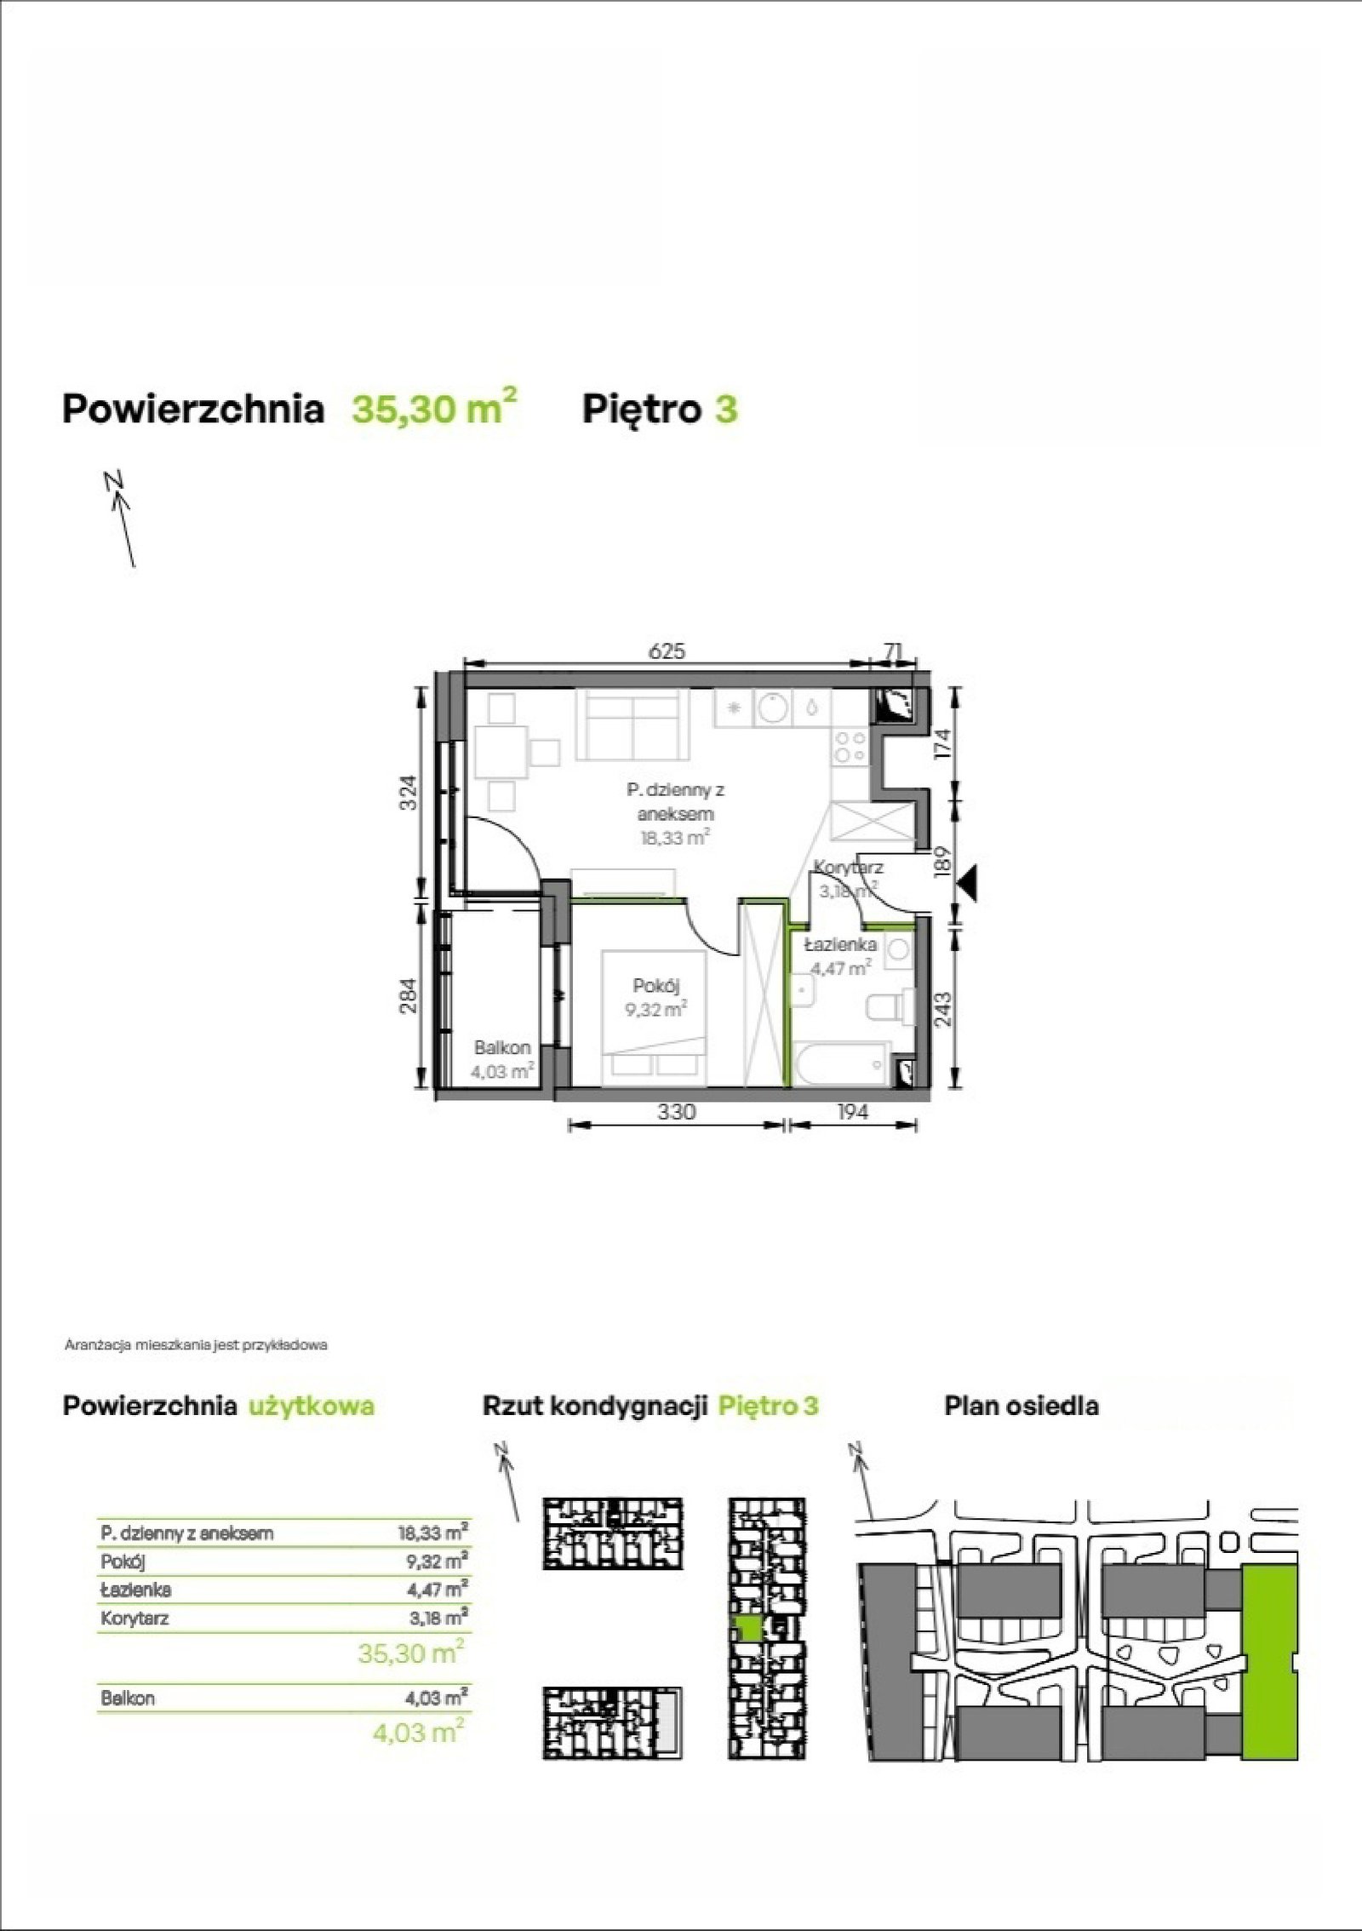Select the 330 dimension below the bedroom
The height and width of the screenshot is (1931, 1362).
point(677,1111)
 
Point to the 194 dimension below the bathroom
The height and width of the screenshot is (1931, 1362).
point(852,1111)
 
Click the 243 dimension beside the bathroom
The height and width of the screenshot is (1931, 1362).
point(943,1011)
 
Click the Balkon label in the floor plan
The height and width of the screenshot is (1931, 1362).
point(503,1047)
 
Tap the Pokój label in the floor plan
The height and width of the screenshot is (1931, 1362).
point(655,986)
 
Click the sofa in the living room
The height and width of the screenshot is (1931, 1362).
point(632,724)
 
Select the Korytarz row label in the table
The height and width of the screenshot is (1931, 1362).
point(134,1618)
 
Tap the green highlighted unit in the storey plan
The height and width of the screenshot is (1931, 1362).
point(748,1628)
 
